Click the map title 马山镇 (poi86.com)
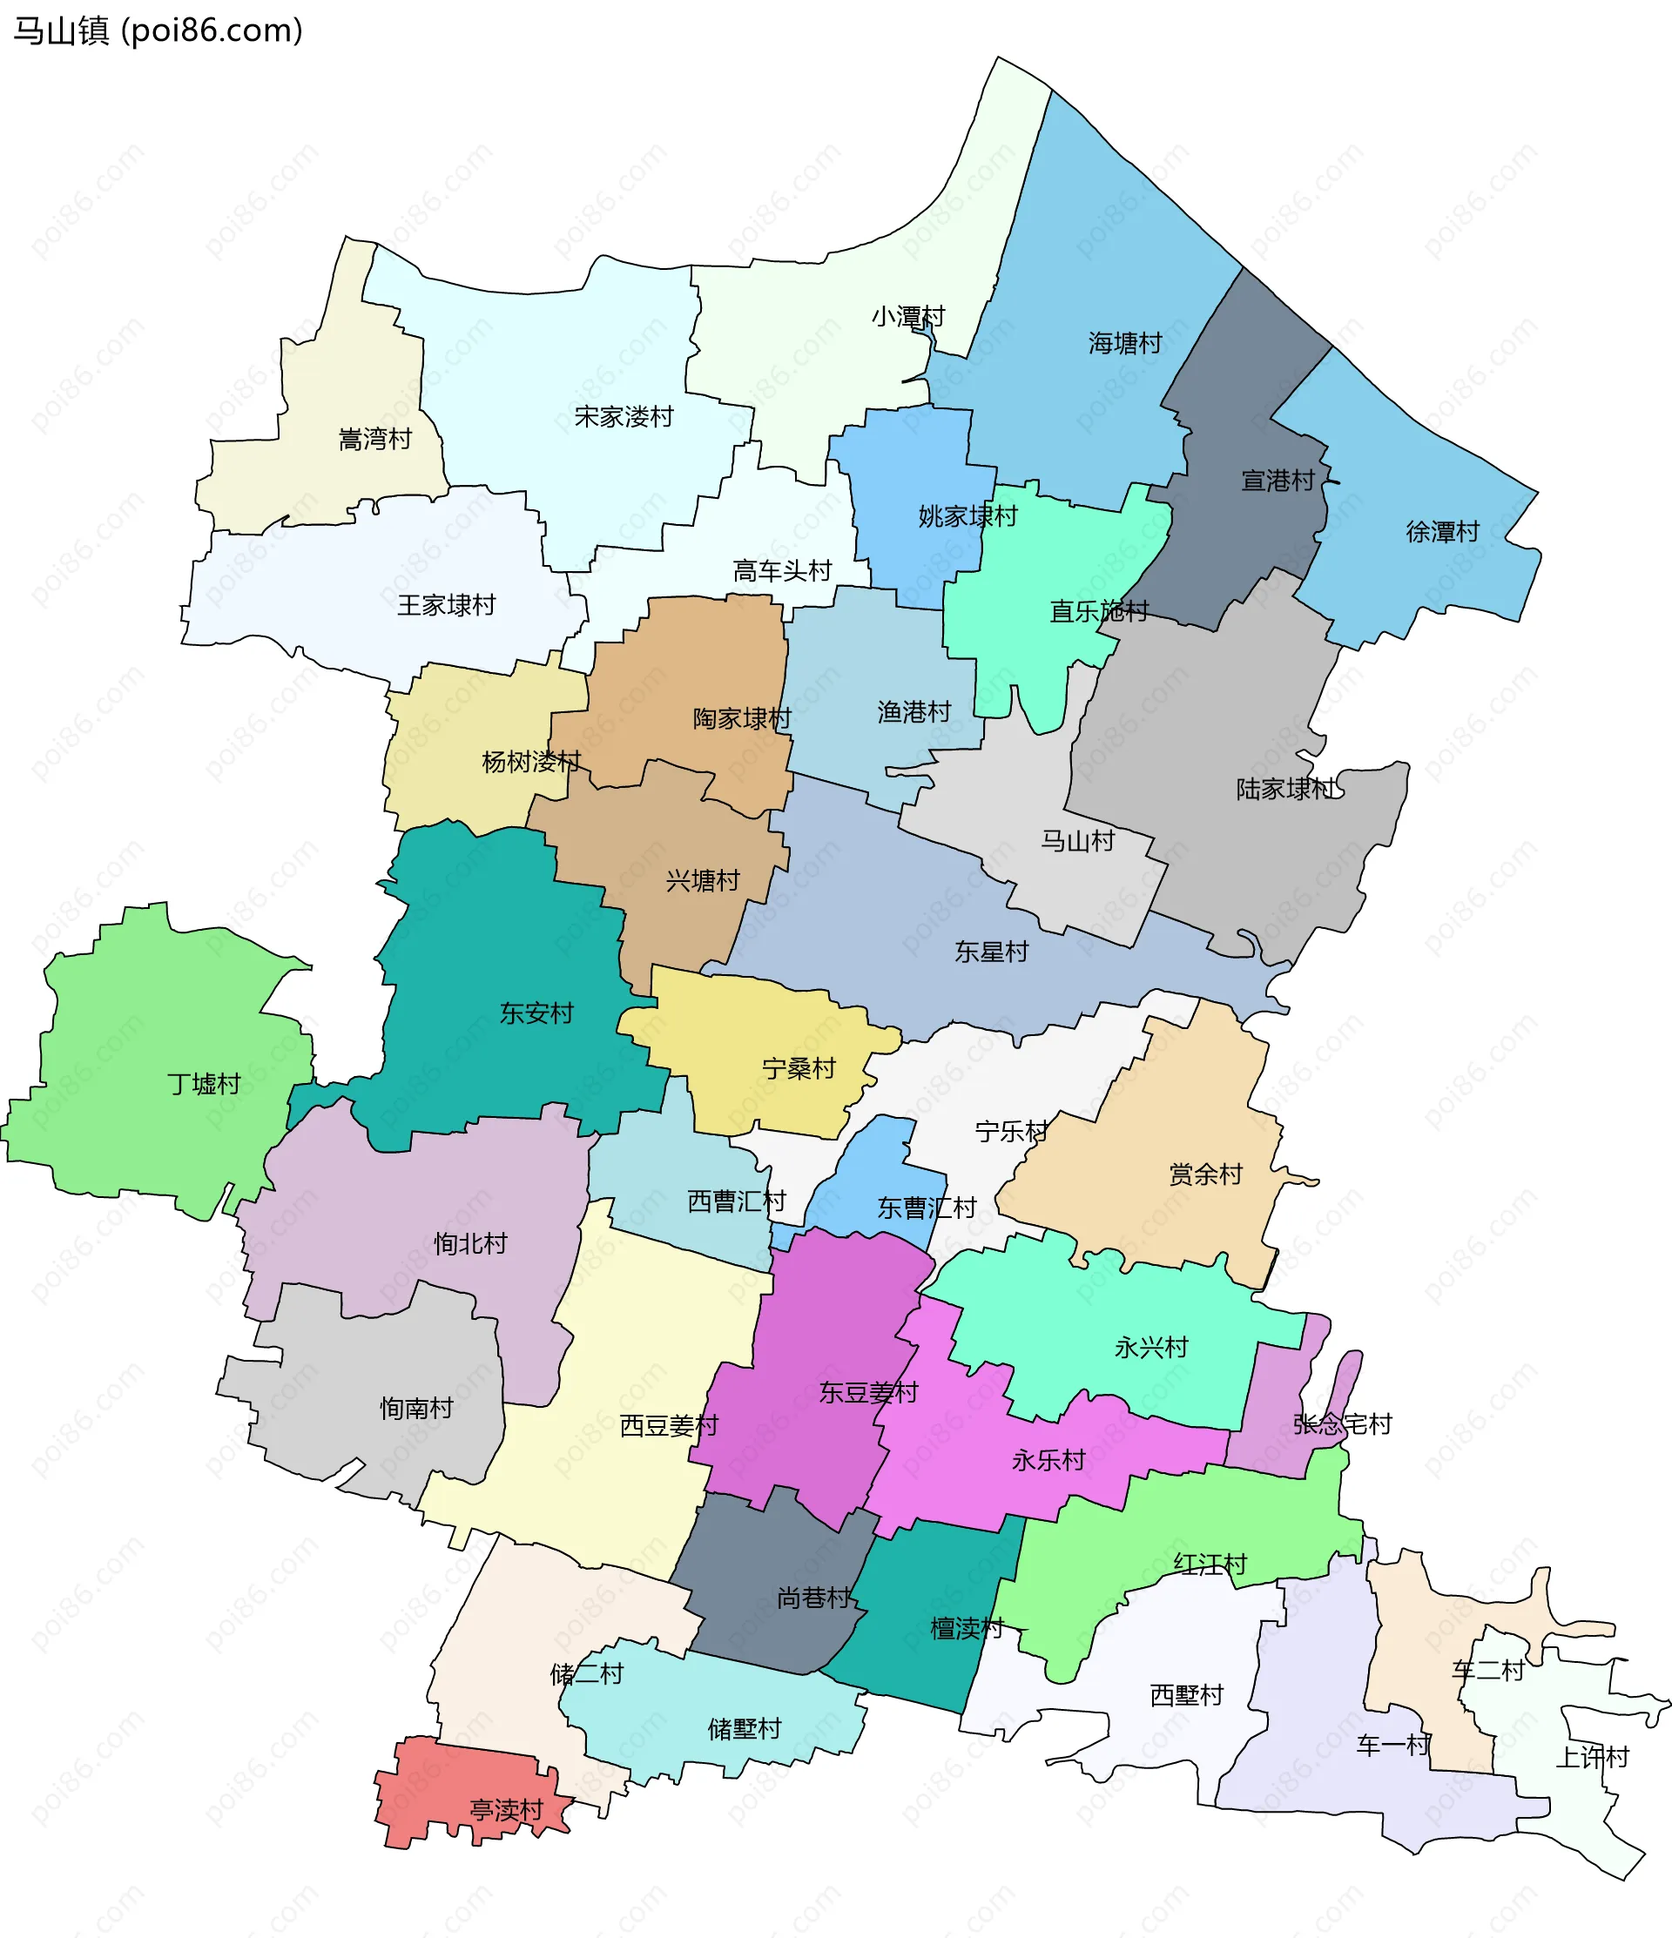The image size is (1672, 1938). pos(158,30)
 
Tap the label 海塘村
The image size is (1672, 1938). pos(1124,343)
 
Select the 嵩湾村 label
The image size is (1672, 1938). pos(374,439)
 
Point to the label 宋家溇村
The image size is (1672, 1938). pos(624,416)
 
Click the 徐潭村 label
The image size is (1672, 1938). pos(1442,531)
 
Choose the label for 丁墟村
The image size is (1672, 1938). pos(204,1083)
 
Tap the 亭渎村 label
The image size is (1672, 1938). pos(506,1810)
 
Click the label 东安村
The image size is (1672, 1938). pos(536,1012)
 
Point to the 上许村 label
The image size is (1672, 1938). pos(1592,1757)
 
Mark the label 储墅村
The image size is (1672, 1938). pos(744,1728)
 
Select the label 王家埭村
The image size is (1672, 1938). pos(447,605)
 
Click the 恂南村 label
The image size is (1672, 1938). pos(416,1408)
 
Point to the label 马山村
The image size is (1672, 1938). pos(1078,841)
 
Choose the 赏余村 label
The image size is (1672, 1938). pos(1205,1174)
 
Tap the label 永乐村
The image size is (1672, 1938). pos(1048,1460)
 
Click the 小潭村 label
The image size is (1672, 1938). pos(907,316)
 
